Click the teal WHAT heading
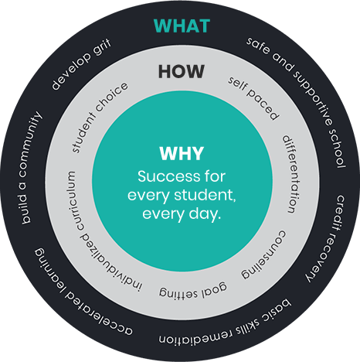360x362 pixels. point(182,26)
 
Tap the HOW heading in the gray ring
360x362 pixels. point(182,71)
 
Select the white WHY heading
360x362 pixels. point(182,154)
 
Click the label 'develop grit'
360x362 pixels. point(81,65)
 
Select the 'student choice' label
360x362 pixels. point(99,118)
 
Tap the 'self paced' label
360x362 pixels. point(253,98)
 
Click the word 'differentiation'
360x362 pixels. point(292,174)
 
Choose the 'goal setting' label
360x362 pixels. point(193,291)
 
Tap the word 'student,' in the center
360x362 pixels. point(205,196)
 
